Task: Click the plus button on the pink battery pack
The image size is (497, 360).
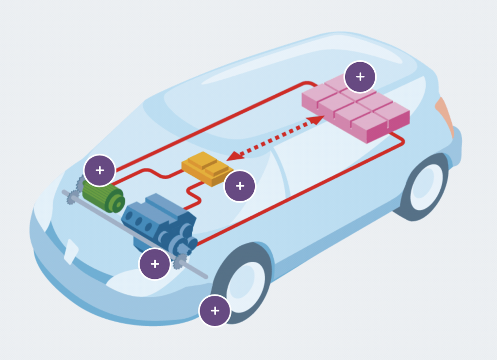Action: coord(360,77)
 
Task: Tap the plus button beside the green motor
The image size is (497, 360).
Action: coord(99,171)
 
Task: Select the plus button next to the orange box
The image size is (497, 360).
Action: coord(240,186)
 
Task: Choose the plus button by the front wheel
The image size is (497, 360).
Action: coord(215,310)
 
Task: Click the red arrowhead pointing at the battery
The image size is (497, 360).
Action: coord(317,120)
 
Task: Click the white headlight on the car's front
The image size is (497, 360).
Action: coord(71,251)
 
